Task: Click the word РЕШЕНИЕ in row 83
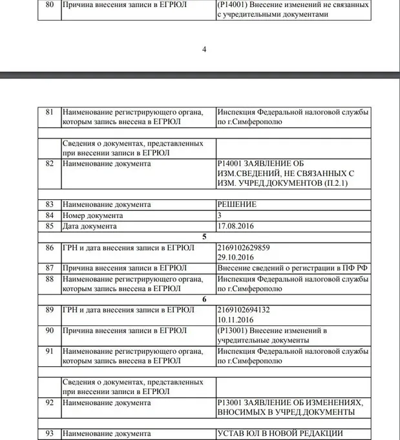tap(237, 204)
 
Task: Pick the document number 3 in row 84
tap(220, 215)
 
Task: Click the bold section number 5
tap(204, 237)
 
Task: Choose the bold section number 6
tap(204, 300)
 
